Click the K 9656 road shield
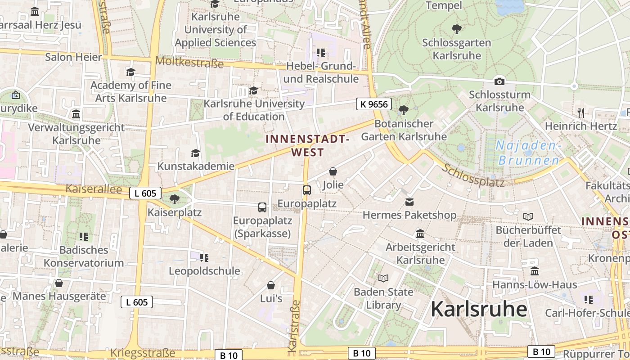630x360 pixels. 374,104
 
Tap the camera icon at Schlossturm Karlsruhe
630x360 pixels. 499,81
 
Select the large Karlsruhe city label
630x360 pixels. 479,309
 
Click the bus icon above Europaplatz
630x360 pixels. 307,190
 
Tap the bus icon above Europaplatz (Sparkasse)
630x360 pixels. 262,207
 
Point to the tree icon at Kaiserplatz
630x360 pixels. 175,199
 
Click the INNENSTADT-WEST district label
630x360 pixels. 307,145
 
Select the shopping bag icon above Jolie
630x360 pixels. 333,171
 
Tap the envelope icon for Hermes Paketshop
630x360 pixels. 409,202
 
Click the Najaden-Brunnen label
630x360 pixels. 529,153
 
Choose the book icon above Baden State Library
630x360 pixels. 383,278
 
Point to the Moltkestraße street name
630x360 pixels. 189,62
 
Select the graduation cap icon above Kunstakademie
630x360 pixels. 195,153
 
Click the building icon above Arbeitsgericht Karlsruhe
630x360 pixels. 420,234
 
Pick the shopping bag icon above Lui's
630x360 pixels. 271,285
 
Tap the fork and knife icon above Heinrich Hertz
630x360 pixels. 580,112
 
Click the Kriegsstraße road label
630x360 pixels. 142,352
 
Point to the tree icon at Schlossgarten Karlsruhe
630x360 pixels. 457,30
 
